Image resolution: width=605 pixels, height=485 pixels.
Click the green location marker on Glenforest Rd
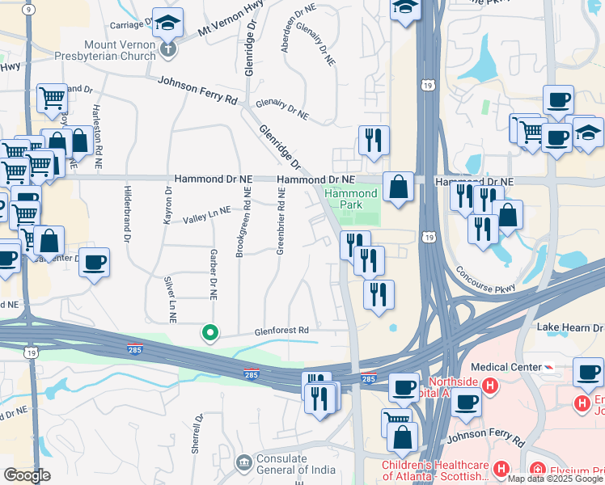click(x=210, y=332)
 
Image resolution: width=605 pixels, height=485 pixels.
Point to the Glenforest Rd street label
click(x=281, y=330)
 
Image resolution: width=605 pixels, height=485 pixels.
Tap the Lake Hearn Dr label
click(x=571, y=327)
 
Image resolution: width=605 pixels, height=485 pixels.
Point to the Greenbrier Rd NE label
click(x=281, y=221)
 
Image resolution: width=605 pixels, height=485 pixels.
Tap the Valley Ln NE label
click(x=206, y=213)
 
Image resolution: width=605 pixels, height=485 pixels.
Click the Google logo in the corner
click(x=26, y=475)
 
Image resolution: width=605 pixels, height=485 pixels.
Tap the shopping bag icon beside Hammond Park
click(x=399, y=188)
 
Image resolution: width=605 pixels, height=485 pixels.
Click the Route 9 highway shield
click(x=29, y=9)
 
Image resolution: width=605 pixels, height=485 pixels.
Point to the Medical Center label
click(x=506, y=367)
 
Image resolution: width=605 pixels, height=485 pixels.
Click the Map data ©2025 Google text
click(x=556, y=479)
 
